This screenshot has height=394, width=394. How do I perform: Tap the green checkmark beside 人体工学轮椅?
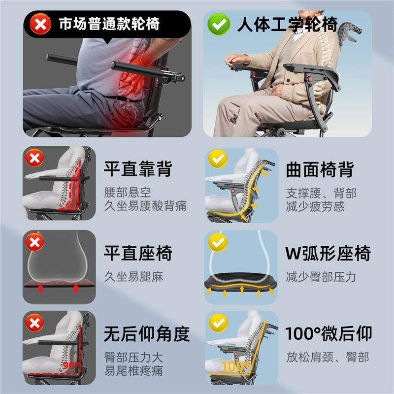point(219,24)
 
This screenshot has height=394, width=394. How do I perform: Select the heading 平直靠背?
point(137,169)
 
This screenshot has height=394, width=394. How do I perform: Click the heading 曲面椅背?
point(320,169)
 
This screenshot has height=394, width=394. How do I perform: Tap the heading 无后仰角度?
point(146,334)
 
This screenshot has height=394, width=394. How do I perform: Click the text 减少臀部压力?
point(321,277)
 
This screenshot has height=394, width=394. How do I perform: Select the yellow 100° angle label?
point(235,366)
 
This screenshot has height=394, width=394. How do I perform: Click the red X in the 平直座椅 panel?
point(35,242)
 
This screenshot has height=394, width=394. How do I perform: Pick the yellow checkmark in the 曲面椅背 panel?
point(217,160)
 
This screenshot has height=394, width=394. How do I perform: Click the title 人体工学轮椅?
point(287,24)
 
